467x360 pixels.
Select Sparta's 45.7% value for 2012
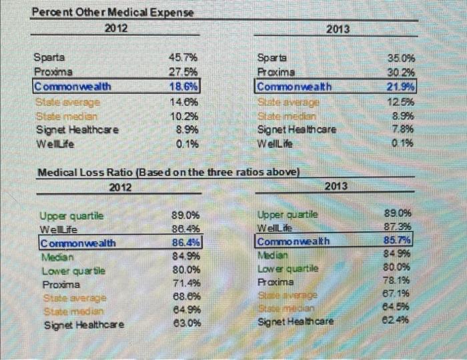pyautogui.click(x=184, y=57)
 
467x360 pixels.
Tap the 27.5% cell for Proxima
pyautogui.click(x=184, y=72)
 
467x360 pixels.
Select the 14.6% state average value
pyautogui.click(x=184, y=101)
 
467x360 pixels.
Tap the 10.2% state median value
pyautogui.click(x=184, y=115)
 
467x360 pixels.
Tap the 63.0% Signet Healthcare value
pyautogui.click(x=186, y=325)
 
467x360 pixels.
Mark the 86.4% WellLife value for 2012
pyautogui.click(x=186, y=229)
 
